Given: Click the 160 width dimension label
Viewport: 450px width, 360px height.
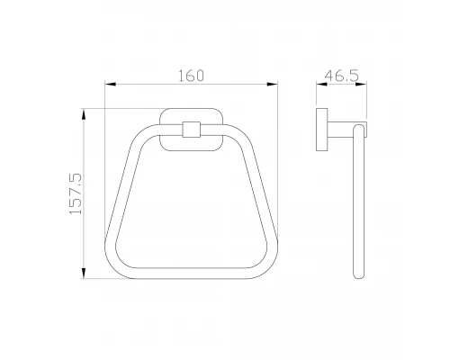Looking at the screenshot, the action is pos(191,76).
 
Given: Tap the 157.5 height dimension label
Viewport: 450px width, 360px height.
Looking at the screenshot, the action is pos(76,193).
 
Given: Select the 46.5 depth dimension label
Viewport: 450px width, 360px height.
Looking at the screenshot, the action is pos(342,76).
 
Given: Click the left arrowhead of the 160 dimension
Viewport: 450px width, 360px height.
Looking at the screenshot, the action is pos(110,85).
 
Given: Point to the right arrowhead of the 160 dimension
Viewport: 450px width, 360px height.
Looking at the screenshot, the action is pos(273,85).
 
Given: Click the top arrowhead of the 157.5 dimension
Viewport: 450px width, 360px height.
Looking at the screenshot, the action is pos(84,114).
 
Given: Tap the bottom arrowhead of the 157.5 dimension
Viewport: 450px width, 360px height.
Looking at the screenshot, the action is pos(84,273).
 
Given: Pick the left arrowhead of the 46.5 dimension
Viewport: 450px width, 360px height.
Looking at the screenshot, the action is pos(321,85).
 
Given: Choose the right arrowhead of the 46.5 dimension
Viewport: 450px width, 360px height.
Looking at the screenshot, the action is pos(361,85).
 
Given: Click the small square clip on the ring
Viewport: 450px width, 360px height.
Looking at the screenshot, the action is pos(192,130).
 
